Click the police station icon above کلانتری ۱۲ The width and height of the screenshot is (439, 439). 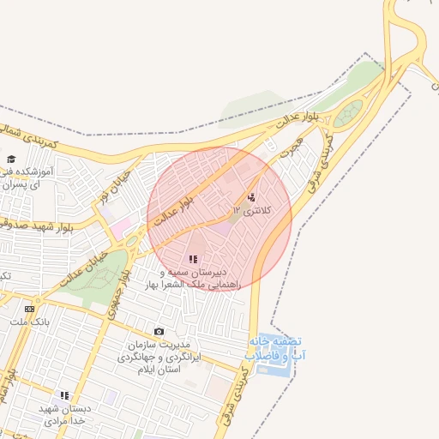pos(250,196)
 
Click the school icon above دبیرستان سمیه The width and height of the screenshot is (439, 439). pos(194,258)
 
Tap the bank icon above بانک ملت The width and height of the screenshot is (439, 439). pos(29,309)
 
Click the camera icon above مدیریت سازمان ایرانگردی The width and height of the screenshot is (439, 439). pos(159,331)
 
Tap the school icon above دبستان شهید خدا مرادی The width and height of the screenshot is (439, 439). pos(64,395)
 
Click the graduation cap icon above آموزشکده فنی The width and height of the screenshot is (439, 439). pos(12,159)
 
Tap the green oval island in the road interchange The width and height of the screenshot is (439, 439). pos(347,114)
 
